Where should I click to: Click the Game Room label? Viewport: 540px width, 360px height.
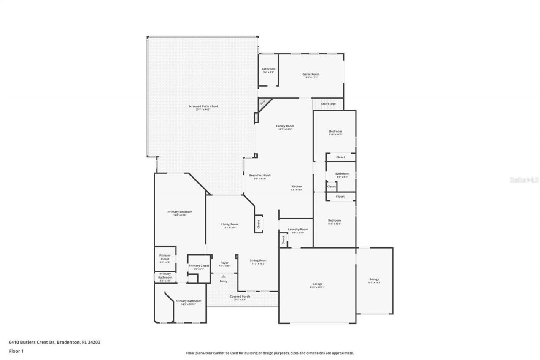point(310,74)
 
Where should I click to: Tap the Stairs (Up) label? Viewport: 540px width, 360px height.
point(328,103)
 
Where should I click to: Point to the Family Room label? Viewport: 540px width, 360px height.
point(285,126)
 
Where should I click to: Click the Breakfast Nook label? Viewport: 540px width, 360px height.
point(259,175)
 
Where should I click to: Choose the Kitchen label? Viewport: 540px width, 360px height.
point(297,186)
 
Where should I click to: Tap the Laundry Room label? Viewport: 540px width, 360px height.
point(298,229)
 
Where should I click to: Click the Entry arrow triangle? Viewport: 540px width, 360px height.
point(224,276)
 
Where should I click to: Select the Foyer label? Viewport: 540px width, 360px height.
point(224,263)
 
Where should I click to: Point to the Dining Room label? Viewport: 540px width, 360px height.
point(258,260)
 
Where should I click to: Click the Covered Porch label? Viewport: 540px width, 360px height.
point(240,296)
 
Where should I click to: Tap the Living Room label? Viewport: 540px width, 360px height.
point(230,224)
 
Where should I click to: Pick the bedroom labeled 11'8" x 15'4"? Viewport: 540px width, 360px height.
point(335,222)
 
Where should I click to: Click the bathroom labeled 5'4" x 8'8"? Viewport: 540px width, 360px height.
point(268,70)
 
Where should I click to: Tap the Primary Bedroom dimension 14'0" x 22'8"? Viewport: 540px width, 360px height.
point(180,215)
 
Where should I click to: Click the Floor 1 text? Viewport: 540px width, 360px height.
point(16,351)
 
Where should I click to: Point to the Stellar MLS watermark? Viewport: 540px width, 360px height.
point(524,180)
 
